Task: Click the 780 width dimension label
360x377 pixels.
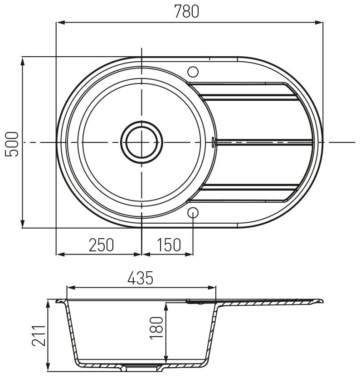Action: [x=187, y=11]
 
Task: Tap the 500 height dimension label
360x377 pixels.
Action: [x=11, y=144]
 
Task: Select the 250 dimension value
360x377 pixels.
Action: [x=101, y=245]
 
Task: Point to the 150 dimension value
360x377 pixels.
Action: [x=169, y=245]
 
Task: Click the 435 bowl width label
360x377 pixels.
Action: [x=140, y=278]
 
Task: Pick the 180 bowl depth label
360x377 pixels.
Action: [x=156, y=328]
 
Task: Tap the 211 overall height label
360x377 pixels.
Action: [x=39, y=336]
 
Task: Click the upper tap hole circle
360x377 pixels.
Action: [x=193, y=72]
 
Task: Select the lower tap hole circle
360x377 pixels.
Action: [x=193, y=213]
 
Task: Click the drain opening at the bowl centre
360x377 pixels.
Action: [x=141, y=142]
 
